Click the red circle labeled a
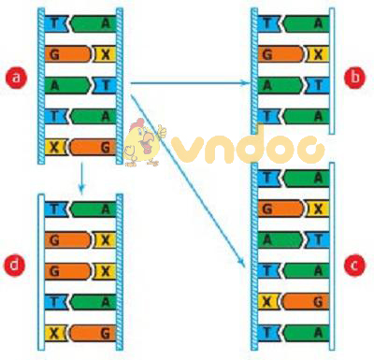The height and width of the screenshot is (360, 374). coord(14,79)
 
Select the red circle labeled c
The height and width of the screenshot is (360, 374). coord(353,265)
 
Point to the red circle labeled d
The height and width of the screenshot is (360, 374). coord(14,266)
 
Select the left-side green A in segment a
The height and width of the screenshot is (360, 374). coord(54,85)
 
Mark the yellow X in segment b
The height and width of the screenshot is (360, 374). coord(318,54)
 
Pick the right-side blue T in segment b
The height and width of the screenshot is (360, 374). coord(318,85)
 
